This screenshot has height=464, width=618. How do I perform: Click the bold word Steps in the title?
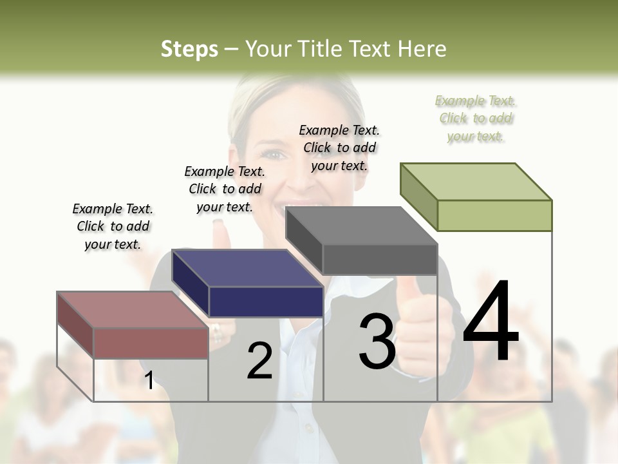tap(189, 49)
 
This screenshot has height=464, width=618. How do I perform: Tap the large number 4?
tap(491, 322)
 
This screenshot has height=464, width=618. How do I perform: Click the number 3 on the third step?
tap(377, 342)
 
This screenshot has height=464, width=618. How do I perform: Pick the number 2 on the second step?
tap(259, 362)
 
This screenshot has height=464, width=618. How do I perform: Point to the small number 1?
tap(149, 380)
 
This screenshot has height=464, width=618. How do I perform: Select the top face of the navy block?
tap(247, 268)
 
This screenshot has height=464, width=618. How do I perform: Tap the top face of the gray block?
tap(361, 226)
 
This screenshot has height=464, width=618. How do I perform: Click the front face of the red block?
tap(151, 343)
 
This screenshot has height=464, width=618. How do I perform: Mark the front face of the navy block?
tap(265, 302)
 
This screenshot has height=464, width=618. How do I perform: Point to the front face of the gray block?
tap(380, 259)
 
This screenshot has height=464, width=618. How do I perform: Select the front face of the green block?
tap(494, 215)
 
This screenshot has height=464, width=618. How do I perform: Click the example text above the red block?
tap(113, 226)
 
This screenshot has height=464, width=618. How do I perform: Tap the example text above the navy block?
tap(225, 189)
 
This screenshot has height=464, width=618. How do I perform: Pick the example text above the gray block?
tap(339, 148)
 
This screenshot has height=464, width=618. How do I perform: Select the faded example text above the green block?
tap(476, 118)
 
